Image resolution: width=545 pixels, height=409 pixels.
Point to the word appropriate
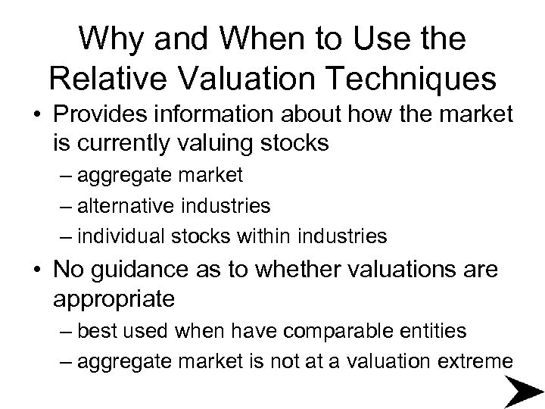[x=114, y=298]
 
